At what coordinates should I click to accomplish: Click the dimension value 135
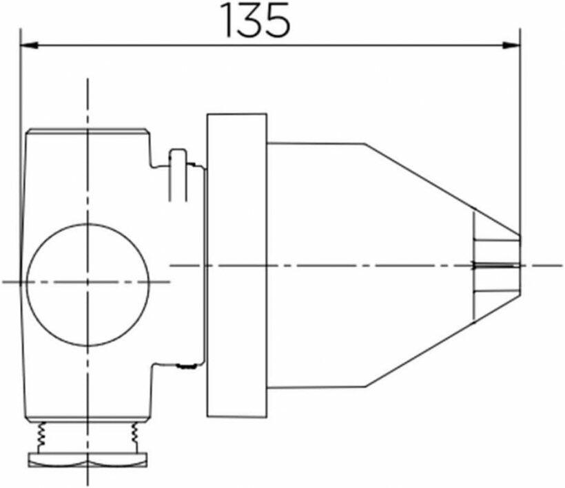point(256,21)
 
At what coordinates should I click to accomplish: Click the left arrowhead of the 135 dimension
point(29,46)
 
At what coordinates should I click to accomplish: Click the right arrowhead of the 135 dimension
point(512,46)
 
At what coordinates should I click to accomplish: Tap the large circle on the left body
point(88,284)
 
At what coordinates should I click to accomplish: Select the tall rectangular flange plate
point(236,264)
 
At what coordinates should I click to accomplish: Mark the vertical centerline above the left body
point(88,103)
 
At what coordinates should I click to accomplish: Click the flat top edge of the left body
point(88,129)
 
